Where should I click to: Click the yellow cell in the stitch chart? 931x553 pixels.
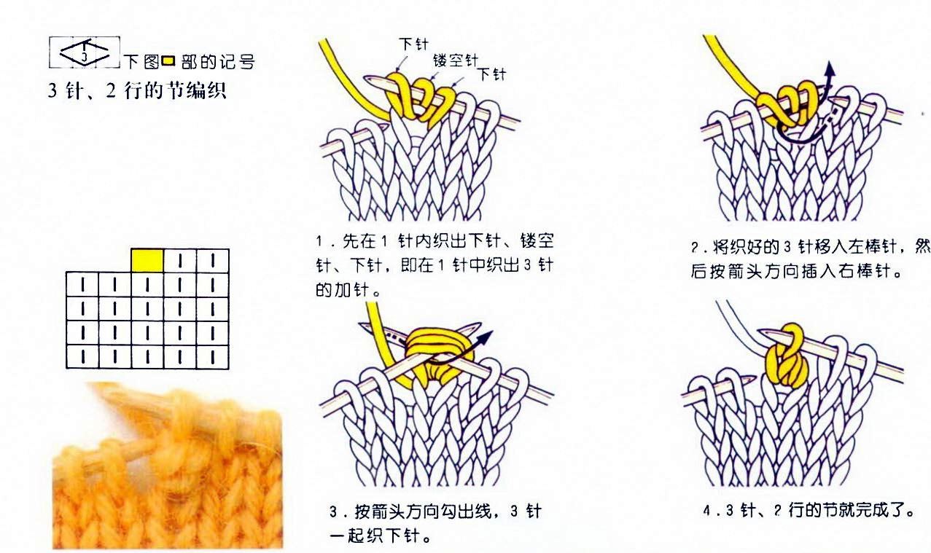click(147, 261)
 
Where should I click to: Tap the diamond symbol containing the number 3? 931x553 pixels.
click(85, 52)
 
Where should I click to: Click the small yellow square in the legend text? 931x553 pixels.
click(168, 61)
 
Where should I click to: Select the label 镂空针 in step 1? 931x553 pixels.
click(456, 60)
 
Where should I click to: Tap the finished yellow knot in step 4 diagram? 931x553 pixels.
click(787, 357)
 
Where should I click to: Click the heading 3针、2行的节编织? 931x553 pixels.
click(137, 90)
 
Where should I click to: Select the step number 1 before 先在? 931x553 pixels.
click(319, 241)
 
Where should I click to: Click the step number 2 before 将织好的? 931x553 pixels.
click(695, 248)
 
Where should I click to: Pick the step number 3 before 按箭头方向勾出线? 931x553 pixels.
click(333, 512)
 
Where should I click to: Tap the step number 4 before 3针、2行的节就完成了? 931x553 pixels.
click(707, 510)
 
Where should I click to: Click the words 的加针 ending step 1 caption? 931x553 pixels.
click(343, 290)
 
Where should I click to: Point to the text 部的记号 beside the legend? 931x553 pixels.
click(218, 63)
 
